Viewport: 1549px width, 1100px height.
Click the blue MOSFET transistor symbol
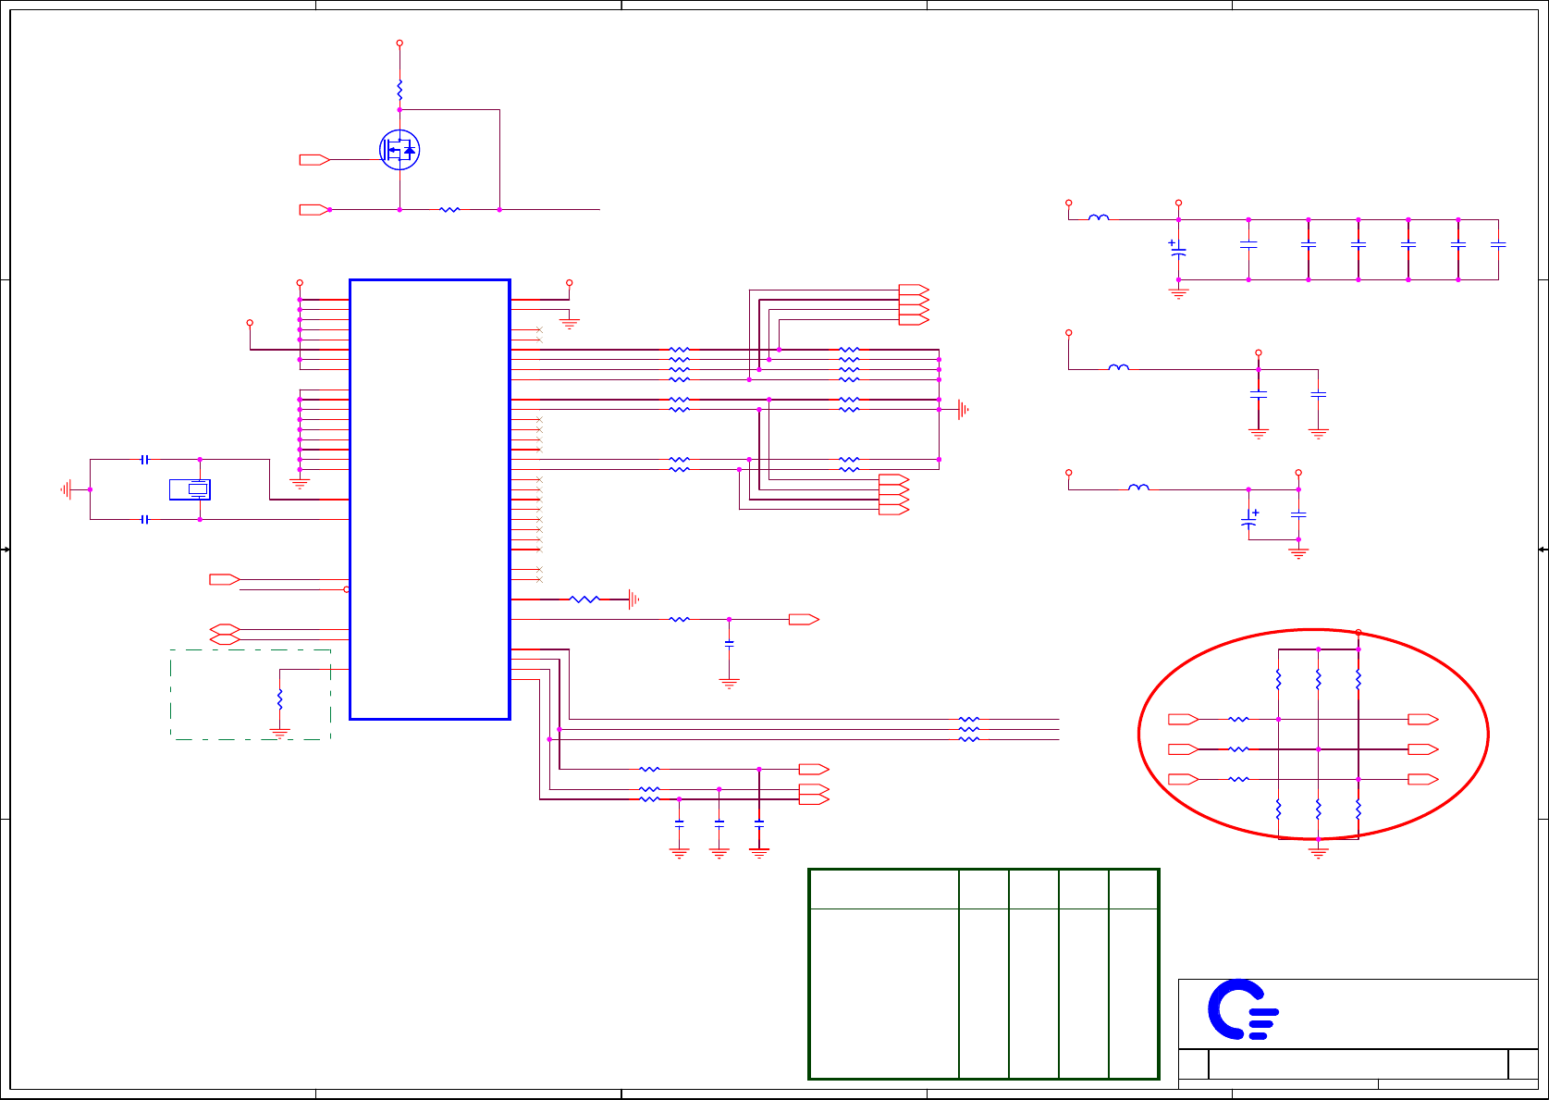point(400,150)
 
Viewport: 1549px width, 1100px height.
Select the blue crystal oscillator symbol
point(191,489)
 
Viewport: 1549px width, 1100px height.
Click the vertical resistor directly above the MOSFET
point(400,91)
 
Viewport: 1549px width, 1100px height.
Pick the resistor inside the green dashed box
point(279,700)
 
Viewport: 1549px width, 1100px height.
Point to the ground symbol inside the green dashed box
point(279,733)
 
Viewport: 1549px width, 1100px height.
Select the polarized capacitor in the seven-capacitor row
point(1178,249)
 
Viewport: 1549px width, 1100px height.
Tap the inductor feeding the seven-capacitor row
point(1099,218)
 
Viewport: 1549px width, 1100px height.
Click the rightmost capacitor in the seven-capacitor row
point(1498,245)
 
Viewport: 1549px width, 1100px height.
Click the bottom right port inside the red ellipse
point(1422,779)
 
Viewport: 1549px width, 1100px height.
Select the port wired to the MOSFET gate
point(314,160)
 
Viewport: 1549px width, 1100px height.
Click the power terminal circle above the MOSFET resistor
point(400,43)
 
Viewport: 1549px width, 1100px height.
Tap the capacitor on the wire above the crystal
point(144,459)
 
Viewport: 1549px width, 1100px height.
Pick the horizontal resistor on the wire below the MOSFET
point(449,210)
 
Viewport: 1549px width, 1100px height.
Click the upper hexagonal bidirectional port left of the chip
point(225,629)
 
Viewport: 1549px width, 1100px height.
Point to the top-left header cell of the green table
point(884,889)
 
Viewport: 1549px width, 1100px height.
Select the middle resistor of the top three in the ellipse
point(1319,680)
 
